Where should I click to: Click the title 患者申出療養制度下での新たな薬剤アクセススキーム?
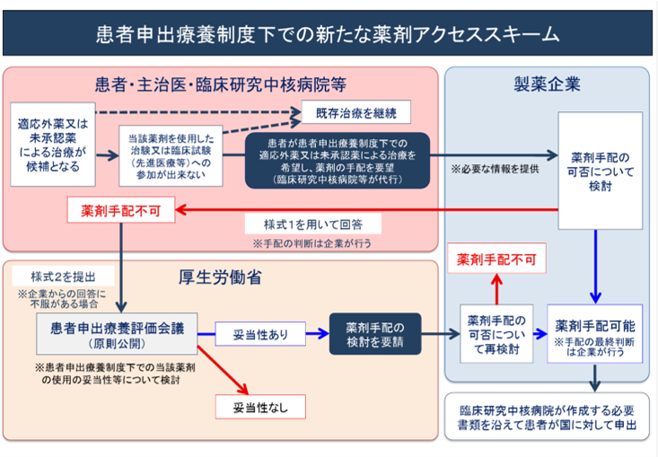(x=328, y=34)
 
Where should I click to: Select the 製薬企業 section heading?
(x=547, y=85)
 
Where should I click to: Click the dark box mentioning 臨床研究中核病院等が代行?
(x=338, y=161)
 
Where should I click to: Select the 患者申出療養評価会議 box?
(x=117, y=333)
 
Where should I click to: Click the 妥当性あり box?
(x=260, y=335)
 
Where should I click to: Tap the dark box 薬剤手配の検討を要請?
(x=375, y=334)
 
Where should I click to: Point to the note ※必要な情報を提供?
(x=496, y=169)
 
